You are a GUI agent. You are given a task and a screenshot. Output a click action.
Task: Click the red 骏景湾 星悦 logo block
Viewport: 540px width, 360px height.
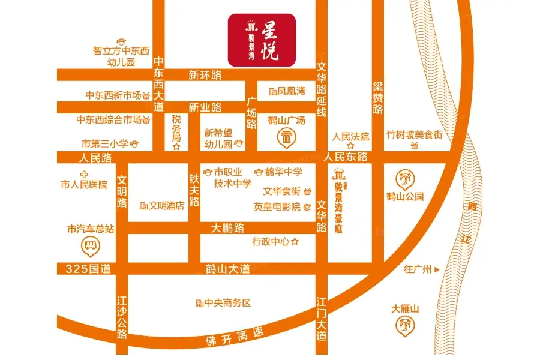coord(262,40)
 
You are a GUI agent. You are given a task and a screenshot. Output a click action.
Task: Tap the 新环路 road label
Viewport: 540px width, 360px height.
coord(205,75)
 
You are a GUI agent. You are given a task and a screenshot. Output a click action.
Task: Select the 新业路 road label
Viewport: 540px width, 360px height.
coord(205,107)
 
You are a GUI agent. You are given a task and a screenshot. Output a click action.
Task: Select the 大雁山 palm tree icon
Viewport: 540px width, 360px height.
coord(405,325)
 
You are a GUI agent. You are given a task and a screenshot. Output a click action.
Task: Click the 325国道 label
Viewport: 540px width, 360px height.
coord(89,269)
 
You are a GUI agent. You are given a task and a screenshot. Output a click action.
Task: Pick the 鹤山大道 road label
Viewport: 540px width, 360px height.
coord(227,269)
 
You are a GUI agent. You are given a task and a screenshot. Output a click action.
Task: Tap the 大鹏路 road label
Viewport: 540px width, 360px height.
coord(228,228)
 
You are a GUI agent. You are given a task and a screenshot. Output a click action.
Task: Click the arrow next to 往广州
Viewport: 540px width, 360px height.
coord(445,269)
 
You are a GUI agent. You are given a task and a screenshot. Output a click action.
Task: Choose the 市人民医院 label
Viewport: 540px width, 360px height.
coord(85,184)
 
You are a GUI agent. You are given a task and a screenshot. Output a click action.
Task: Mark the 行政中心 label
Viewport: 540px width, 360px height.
coord(271,242)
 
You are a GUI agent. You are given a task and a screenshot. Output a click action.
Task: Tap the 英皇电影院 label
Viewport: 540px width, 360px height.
coord(277,206)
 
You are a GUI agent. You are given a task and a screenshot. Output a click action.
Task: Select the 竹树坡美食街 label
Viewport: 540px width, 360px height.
coord(414,136)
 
